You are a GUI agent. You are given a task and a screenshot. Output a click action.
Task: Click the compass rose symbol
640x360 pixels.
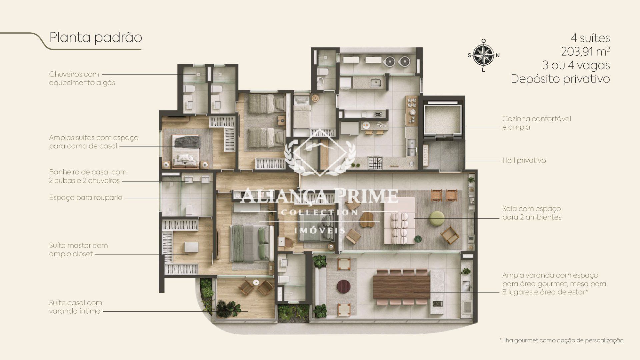click(483, 55)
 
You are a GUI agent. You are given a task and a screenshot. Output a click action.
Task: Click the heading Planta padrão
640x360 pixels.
click(96, 37)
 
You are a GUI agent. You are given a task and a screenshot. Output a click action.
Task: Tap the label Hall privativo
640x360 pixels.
click(524, 160)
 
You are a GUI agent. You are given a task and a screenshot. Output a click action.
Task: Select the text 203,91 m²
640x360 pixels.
click(585, 51)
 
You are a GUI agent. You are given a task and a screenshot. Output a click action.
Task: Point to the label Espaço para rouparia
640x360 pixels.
click(86, 198)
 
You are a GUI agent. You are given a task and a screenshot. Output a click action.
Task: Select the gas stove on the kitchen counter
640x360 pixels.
click(375, 162)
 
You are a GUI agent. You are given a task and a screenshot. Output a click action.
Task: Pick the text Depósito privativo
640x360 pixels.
click(560, 79)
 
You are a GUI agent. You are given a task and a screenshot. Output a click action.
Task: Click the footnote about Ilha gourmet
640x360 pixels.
click(561, 340)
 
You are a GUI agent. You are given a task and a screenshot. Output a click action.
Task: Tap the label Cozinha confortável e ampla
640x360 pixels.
click(537, 123)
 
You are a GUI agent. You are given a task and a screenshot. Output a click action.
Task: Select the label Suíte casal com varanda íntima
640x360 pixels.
click(76, 307)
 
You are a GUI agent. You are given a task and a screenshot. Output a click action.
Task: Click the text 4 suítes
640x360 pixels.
click(590, 38)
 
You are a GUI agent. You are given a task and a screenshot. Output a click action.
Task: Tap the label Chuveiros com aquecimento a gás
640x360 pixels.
click(82, 78)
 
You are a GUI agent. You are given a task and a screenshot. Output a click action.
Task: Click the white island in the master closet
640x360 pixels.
click(191, 247)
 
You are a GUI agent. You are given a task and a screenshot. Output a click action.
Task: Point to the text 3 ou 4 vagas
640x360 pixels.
click(576, 65)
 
